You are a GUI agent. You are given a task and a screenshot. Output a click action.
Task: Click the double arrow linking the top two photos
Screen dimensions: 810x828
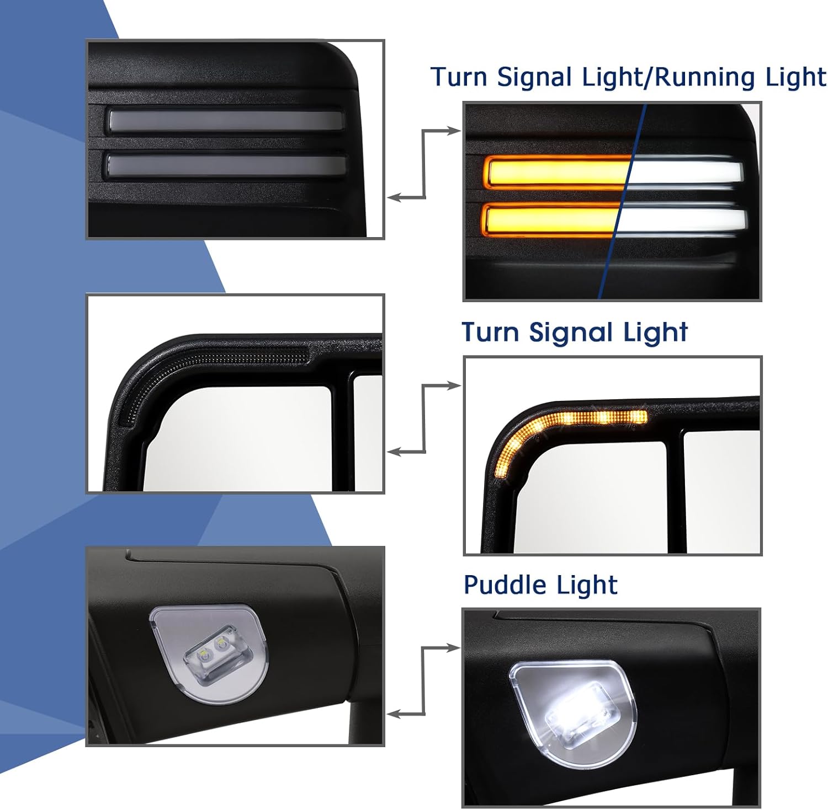pos(424,164)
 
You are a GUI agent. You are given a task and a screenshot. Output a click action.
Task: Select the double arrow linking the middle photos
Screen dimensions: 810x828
pos(424,419)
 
